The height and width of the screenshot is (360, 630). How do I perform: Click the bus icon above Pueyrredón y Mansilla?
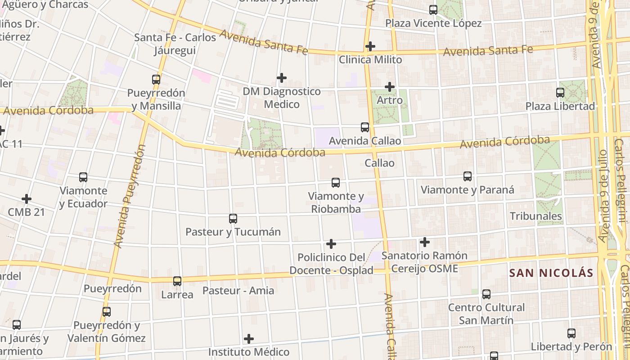click(x=156, y=80)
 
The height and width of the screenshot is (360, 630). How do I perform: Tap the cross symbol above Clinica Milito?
click(x=370, y=46)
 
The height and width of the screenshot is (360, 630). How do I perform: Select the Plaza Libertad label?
click(x=560, y=106)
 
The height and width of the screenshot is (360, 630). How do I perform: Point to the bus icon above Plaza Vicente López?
click(x=433, y=9)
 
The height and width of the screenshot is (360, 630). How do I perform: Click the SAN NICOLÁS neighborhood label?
click(x=551, y=273)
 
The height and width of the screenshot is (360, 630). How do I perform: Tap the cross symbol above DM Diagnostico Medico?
click(x=282, y=78)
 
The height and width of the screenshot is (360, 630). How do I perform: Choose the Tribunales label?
click(x=535, y=216)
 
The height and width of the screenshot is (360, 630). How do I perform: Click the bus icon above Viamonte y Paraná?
click(x=468, y=176)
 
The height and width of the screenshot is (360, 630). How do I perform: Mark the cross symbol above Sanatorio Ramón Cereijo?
click(x=424, y=242)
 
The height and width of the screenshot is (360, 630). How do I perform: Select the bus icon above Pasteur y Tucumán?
click(x=233, y=219)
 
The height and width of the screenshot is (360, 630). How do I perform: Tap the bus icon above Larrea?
click(x=177, y=281)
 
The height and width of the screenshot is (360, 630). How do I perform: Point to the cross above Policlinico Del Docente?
click(x=331, y=244)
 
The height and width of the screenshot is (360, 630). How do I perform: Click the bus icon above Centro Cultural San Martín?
click(x=486, y=294)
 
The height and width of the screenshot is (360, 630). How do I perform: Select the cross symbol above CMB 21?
click(x=27, y=198)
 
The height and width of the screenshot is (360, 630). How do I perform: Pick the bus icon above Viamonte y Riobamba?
click(x=336, y=183)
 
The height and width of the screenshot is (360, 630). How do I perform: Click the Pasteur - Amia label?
click(x=238, y=290)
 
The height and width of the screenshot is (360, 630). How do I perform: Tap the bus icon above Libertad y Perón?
click(x=571, y=333)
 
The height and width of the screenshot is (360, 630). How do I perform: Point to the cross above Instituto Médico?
click(x=249, y=338)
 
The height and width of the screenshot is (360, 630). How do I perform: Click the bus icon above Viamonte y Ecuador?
click(x=83, y=177)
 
